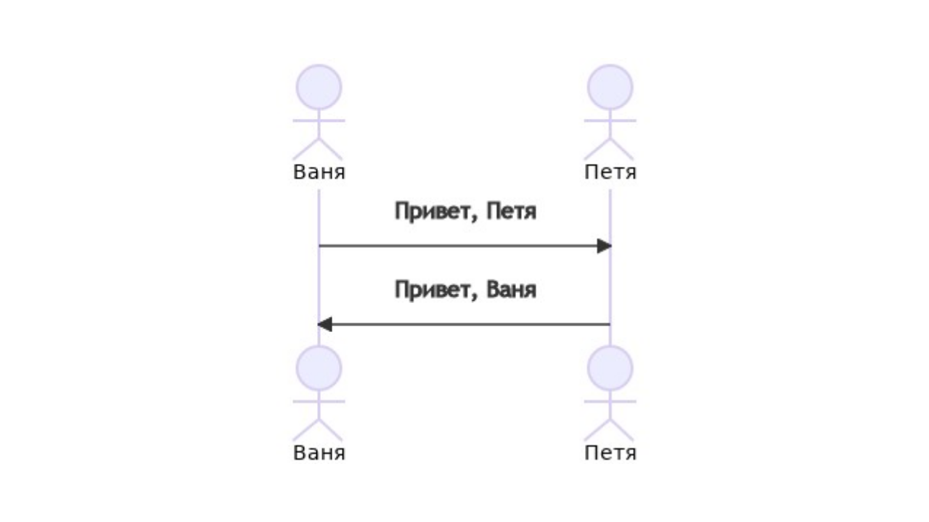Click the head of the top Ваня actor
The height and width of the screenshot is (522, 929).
[x=319, y=87]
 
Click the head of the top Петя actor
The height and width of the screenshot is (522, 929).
[x=610, y=87]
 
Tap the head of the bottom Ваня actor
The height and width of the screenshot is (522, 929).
[x=319, y=368]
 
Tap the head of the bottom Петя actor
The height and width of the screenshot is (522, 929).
[x=610, y=368]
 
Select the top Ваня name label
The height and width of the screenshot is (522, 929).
[x=319, y=173]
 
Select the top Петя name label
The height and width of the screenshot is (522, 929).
[x=610, y=173]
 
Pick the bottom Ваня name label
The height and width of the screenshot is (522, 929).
[x=319, y=454]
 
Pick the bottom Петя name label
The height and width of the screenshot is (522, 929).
[x=610, y=454]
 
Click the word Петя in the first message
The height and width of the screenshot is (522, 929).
[x=511, y=213]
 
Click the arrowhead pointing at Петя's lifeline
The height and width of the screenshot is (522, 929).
[x=604, y=246]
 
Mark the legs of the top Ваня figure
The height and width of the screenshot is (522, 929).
[x=319, y=149]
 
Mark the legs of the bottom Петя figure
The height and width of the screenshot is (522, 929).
[x=610, y=430]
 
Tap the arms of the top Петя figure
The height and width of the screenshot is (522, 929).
[x=610, y=120]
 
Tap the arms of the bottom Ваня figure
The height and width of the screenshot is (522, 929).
[x=319, y=401]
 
